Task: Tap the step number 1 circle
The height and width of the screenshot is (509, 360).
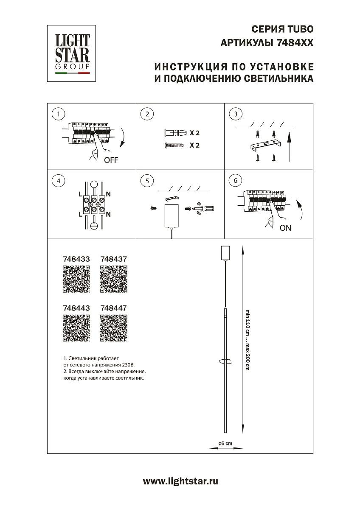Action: click(x=58, y=114)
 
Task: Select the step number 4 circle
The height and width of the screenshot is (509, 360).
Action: click(x=58, y=181)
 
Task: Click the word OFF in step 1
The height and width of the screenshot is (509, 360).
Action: click(x=111, y=160)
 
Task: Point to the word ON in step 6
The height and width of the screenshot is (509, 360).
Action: click(x=285, y=228)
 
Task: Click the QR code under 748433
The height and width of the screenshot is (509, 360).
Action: click(x=76, y=279)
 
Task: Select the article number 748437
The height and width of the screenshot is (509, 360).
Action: click(x=113, y=258)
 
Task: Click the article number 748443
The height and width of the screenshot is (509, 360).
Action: click(x=76, y=308)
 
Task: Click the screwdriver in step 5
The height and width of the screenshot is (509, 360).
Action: click(x=207, y=208)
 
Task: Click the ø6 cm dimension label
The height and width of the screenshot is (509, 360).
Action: click(x=225, y=443)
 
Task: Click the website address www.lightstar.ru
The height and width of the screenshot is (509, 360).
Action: click(x=180, y=481)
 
